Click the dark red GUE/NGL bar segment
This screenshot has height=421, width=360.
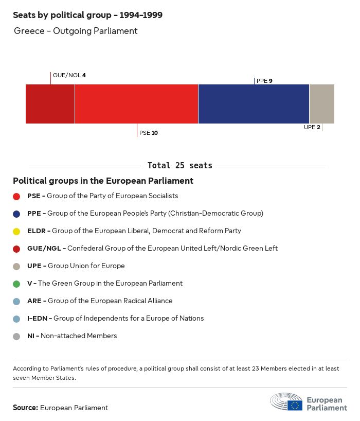tap(50, 104)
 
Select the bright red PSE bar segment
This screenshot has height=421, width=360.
tap(136, 104)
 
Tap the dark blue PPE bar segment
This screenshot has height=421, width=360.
tap(254, 104)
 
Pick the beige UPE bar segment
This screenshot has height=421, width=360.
tap(321, 104)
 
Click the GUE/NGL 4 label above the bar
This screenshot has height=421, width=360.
tap(69, 76)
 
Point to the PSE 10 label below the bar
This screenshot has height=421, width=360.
tap(149, 133)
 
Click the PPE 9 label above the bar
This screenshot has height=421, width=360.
tap(264, 81)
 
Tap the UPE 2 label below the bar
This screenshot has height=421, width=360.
tap(312, 127)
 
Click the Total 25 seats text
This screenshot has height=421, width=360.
tap(179, 166)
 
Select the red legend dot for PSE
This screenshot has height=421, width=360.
tap(16, 196)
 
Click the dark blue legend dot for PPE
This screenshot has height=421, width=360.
tap(16, 214)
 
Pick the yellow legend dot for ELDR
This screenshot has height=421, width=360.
tap(16, 231)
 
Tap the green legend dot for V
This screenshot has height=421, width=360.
tap(16, 284)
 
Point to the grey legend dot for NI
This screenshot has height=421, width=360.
tap(16, 336)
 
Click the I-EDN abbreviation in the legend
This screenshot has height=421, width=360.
tap(37, 319)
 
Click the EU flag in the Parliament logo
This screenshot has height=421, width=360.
tap(295, 406)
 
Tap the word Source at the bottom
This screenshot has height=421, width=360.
tap(25, 408)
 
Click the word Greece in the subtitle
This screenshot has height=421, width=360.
tap(29, 31)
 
